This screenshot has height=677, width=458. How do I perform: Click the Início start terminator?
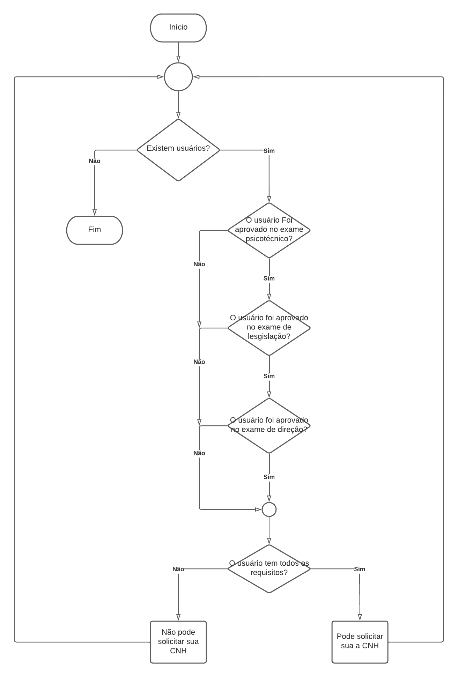(x=178, y=28)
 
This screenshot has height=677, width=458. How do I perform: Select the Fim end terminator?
(x=95, y=230)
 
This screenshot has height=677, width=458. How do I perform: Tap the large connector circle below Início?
(x=178, y=77)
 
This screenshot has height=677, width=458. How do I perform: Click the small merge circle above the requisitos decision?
(x=269, y=509)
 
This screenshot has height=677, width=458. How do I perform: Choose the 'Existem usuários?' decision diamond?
(x=178, y=150)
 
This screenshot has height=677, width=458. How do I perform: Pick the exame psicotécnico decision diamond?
(x=269, y=230)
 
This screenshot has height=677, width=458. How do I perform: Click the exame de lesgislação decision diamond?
(x=269, y=328)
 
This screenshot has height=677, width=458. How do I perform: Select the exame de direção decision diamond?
(x=269, y=425)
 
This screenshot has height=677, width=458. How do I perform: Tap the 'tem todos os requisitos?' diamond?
(x=269, y=568)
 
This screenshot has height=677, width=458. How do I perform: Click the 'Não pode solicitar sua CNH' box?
(x=178, y=642)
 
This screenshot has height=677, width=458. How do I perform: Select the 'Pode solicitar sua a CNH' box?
(x=360, y=642)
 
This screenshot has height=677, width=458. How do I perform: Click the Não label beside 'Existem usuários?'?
(x=95, y=161)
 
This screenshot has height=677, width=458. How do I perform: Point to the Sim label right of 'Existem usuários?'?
(x=269, y=151)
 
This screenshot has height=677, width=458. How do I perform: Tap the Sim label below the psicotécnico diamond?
(x=269, y=278)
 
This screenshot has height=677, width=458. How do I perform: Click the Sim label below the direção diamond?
(x=269, y=477)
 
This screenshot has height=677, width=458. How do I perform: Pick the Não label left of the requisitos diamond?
(x=178, y=569)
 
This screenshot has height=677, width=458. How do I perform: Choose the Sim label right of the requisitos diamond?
(x=360, y=569)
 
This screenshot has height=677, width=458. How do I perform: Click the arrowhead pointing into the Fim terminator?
(x=95, y=213)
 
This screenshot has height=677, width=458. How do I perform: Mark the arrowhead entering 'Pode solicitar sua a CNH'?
(x=360, y=617)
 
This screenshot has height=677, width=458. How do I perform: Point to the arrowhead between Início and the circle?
(x=178, y=59)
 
